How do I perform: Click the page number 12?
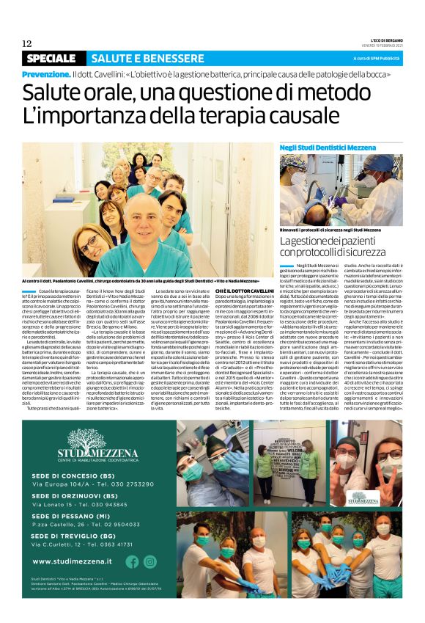pyautogui.click(x=26, y=43)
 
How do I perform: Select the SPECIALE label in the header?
pyautogui.click(x=53, y=58)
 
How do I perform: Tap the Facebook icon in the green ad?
pyautogui.click(x=132, y=561)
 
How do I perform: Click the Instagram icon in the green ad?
pyautogui.click(x=150, y=561)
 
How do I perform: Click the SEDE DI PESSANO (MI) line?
pyautogui.click(x=73, y=517)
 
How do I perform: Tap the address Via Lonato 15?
pyautogui.click(x=58, y=505)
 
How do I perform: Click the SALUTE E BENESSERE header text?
pyautogui.click(x=135, y=58)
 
